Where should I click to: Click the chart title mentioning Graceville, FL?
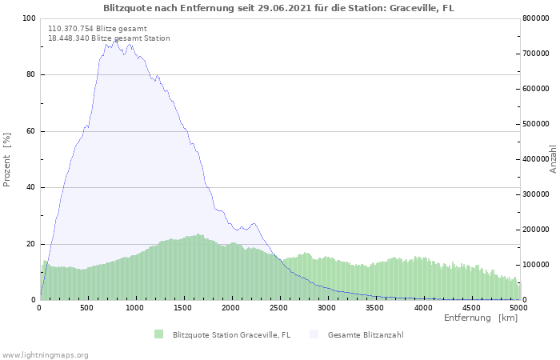[x=278, y=8]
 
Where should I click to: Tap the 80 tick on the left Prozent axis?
[x=30, y=75]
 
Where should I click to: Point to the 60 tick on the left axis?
[x=30, y=131]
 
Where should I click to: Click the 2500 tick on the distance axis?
[x=279, y=307]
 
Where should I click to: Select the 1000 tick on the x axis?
[x=135, y=307]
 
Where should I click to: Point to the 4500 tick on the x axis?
[x=471, y=307]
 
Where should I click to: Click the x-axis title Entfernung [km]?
[x=481, y=318]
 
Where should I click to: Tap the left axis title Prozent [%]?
[x=8, y=159]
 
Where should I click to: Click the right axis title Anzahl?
[x=553, y=159]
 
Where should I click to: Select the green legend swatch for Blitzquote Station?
[x=158, y=334]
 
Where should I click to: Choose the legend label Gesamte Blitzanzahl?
[x=365, y=334]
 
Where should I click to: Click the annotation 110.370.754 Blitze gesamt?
[x=97, y=28]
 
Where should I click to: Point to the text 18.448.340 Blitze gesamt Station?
[x=109, y=38]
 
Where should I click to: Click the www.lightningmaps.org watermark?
[x=45, y=354]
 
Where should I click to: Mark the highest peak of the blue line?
[x=116, y=40]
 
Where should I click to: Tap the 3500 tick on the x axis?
[x=375, y=307]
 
